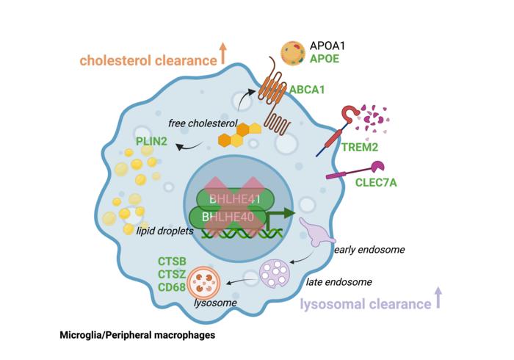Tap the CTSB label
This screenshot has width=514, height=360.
click(x=173, y=262)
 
